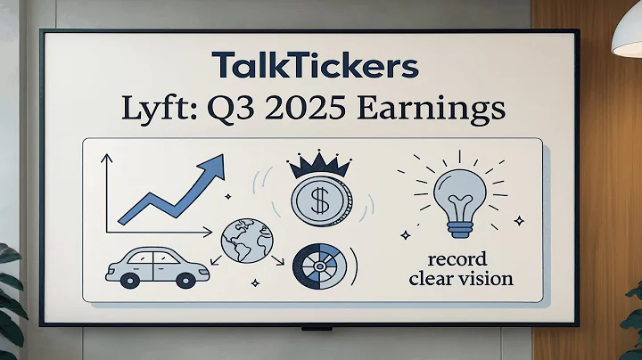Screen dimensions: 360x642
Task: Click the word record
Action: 457,260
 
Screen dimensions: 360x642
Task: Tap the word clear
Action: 430,279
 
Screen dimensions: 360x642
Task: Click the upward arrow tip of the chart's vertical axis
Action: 106,159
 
